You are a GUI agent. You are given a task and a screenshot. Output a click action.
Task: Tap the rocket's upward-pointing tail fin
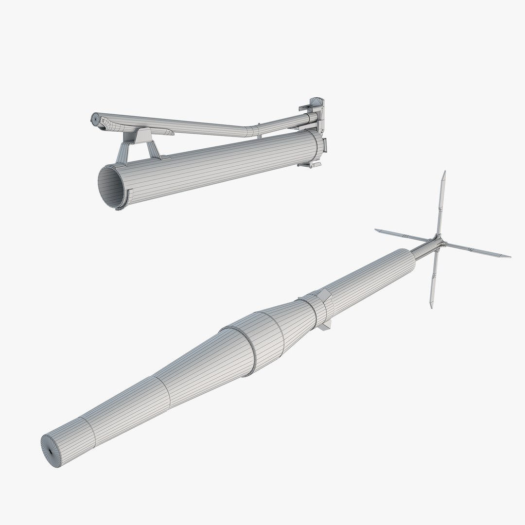tap(440, 204)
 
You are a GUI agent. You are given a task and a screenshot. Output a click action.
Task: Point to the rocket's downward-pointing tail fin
tap(433, 282)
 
